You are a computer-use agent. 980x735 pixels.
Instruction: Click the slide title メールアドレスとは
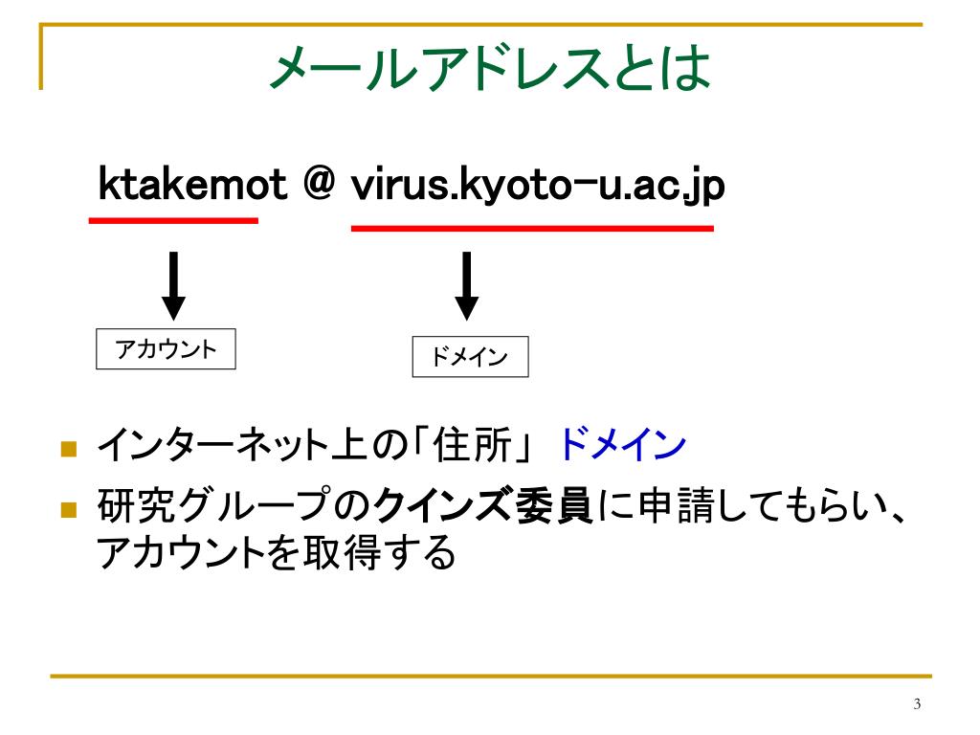tap(489, 69)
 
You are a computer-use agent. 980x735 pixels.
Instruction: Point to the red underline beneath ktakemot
tap(173, 220)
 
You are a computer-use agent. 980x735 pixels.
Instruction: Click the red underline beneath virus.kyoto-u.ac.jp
tap(532, 228)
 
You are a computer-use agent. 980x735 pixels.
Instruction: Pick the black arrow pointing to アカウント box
tap(173, 283)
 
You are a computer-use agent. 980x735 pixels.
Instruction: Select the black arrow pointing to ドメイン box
tap(466, 284)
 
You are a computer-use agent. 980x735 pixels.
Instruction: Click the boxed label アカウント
tap(167, 349)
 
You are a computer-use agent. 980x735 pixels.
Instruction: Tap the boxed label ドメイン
tap(470, 358)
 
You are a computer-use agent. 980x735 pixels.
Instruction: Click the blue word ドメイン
tap(621, 445)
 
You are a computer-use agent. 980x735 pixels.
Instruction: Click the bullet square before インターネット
tap(68, 448)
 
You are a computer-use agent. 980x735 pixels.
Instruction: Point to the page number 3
tap(917, 705)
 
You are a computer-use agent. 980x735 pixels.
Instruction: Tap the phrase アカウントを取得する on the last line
tap(277, 552)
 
